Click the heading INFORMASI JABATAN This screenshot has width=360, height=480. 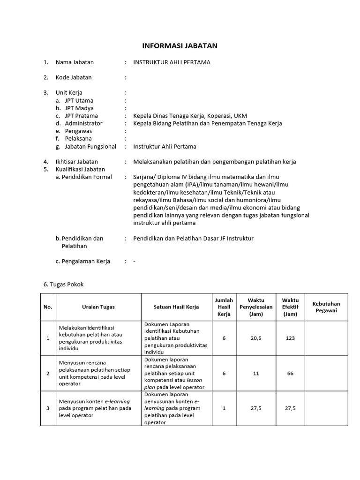180,46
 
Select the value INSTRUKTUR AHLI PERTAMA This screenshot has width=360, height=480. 172,62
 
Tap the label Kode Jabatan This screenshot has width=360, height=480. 74,77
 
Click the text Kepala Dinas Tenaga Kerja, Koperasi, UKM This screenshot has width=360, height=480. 190,116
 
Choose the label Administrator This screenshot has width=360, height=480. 83,123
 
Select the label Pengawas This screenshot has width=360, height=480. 78,131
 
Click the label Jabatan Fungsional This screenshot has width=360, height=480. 90,147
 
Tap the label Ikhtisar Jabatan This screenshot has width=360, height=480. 77,162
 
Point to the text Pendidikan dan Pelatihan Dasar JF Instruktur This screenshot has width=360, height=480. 193,239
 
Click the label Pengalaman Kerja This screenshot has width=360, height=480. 82,262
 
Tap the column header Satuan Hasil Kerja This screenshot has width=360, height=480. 176,307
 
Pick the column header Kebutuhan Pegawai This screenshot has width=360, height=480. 326,307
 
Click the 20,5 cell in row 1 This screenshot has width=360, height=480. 255,338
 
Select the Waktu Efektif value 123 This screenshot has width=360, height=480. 290,338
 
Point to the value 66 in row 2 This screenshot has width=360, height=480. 290,373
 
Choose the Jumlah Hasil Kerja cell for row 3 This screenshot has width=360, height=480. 224,408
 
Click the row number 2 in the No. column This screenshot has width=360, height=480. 48,373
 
